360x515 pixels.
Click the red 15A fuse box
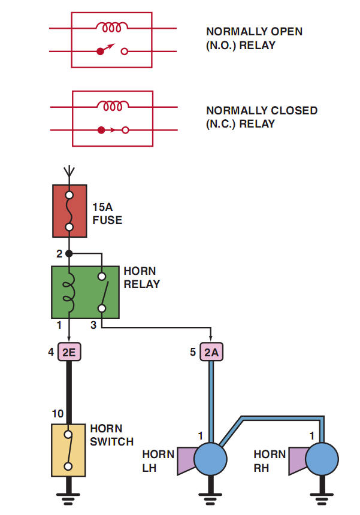[x=69, y=210]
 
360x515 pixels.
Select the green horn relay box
[x=85, y=292]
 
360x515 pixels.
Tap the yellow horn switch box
[x=69, y=450]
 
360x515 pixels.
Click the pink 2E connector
[x=69, y=352]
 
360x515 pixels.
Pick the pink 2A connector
[x=211, y=352]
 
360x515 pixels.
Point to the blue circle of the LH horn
[x=211, y=459]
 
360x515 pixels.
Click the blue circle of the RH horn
[x=322, y=459]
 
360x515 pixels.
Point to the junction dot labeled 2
[x=69, y=254]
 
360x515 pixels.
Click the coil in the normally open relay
[x=113, y=27]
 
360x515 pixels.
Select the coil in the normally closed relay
[x=113, y=106]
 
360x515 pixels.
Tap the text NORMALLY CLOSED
[x=261, y=111]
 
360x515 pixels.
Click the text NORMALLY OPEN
[x=254, y=31]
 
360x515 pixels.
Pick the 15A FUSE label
[x=107, y=214]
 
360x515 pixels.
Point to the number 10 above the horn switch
[x=58, y=414]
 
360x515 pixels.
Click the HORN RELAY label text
[x=142, y=278]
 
